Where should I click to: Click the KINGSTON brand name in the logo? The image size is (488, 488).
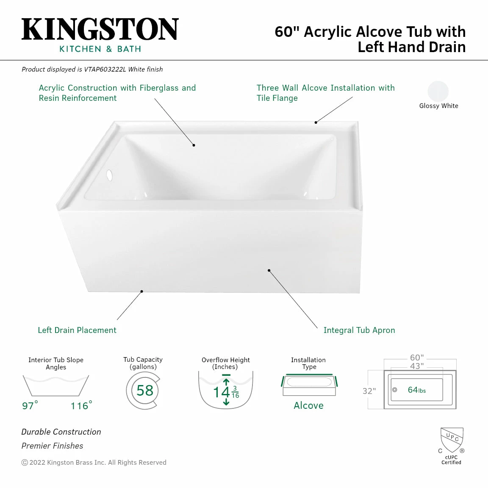tap(100, 29)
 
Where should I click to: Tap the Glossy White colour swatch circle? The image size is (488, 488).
tap(438, 91)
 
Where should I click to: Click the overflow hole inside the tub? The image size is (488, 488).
tap(109, 175)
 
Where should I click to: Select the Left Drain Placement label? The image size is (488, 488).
tap(77, 330)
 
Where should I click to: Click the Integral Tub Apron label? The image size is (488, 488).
tap(359, 330)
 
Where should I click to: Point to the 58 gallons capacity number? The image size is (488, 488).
tap(145, 390)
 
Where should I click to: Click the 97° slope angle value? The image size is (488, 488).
tap(30, 406)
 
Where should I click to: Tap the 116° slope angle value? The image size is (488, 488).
tap(81, 406)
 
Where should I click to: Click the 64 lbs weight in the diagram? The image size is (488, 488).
tap(416, 390)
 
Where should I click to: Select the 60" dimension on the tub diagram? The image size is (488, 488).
tap(417, 358)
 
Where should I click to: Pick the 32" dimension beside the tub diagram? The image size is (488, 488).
tap(369, 391)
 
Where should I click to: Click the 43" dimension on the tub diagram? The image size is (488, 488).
tap(417, 366)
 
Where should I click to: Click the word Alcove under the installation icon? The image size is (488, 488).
tap(308, 405)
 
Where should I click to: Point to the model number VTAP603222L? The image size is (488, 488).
tap(105, 69)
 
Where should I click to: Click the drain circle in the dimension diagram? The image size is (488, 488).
tap(394, 390)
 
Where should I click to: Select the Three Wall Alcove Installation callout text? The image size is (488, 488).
tap(325, 93)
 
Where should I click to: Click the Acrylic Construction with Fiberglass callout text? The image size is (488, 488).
tap(117, 93)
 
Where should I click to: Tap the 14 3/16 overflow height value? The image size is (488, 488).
tap(226, 392)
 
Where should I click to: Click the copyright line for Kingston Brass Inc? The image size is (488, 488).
tap(94, 463)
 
